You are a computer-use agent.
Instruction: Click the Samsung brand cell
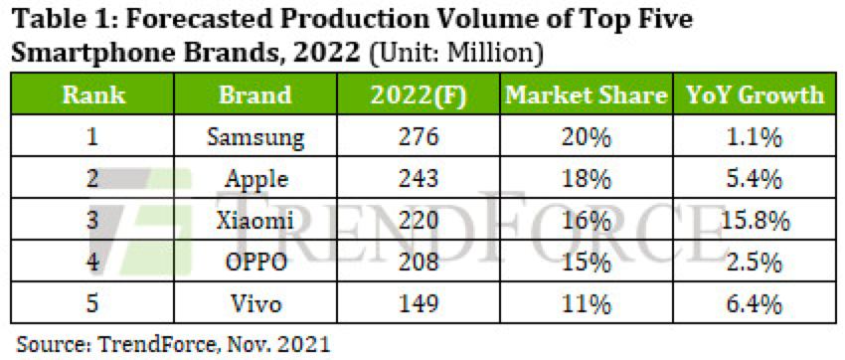coord(254,137)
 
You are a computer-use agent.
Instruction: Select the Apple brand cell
coord(254,179)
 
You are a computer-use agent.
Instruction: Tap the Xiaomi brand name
coord(254,221)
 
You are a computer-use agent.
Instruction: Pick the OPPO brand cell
coord(254,263)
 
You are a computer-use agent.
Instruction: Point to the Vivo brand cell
coord(254,304)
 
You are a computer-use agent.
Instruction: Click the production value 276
coord(419,137)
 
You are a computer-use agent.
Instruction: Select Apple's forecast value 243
coord(419,179)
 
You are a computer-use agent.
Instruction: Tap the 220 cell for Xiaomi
coord(419,221)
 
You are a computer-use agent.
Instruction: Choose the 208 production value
coord(419,263)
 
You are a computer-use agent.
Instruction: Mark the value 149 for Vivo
coord(419,304)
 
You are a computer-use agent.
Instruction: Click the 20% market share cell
coord(587,138)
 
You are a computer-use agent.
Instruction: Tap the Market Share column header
coord(587,95)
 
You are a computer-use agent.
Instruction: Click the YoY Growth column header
coord(755,95)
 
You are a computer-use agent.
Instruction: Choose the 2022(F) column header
coord(419,95)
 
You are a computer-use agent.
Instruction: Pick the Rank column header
coord(93,95)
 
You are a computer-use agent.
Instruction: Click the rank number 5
coord(92,304)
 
